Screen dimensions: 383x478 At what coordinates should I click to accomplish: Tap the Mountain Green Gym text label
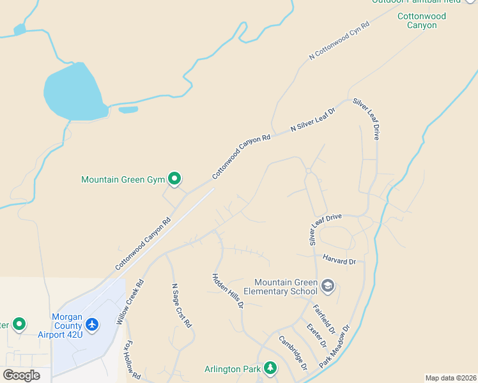[123, 180]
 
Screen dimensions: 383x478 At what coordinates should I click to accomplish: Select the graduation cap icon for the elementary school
[328, 285]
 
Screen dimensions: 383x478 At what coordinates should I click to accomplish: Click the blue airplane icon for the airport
[93, 325]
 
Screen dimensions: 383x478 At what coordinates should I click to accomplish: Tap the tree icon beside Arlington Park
[270, 368]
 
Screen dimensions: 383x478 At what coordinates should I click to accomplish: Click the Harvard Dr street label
[339, 261]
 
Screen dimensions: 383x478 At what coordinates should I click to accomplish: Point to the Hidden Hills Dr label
[228, 291]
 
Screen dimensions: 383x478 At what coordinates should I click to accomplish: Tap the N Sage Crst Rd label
[181, 306]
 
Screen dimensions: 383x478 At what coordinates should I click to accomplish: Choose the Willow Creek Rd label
[130, 302]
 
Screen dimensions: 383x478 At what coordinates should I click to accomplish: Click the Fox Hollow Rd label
[132, 361]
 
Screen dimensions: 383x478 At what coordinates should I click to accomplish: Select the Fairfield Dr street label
[324, 319]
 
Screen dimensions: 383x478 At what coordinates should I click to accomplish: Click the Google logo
[21, 375]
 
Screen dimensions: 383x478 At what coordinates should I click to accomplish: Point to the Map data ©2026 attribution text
[451, 378]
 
